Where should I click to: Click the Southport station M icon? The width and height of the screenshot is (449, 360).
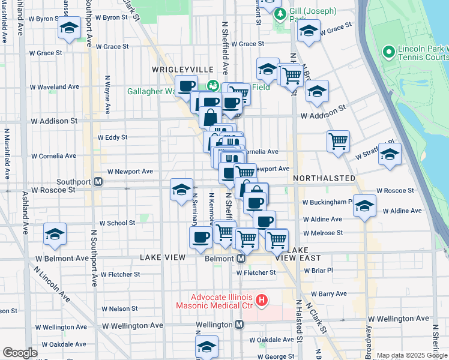[x=98, y=181]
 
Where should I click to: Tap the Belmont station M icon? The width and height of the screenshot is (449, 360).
[x=240, y=258]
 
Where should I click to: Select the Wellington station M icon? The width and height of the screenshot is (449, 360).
[x=239, y=324]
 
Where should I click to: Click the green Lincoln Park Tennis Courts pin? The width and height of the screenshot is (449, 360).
[x=388, y=53]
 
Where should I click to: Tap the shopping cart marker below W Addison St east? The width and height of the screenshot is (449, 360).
[x=339, y=142]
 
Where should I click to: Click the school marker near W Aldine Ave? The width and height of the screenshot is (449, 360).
[x=364, y=206]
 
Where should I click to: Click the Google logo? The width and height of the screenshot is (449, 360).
[x=20, y=352]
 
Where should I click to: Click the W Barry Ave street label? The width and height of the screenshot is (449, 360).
[x=328, y=294]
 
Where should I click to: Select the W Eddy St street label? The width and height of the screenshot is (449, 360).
[x=112, y=137]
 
